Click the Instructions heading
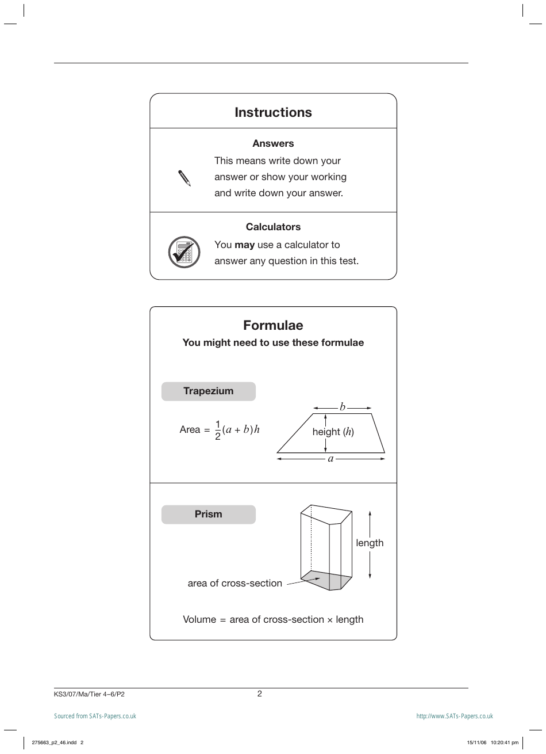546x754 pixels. (273, 112)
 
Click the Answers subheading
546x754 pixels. (273, 143)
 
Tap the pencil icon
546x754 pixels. (184, 178)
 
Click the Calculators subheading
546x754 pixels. (273, 227)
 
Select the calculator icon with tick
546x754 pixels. (184, 252)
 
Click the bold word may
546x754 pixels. (244, 245)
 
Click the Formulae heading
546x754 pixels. (273, 325)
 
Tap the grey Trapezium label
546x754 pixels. (208, 391)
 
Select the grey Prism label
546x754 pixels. (208, 515)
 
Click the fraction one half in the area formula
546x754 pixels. (218, 430)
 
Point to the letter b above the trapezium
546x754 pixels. (342, 407)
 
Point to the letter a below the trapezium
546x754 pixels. (330, 459)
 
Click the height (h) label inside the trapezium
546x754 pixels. (333, 432)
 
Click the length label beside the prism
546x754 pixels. (370, 543)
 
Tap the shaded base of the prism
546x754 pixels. (326, 580)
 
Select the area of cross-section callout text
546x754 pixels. (234, 583)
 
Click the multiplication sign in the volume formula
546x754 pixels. (330, 620)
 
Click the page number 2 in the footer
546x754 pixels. (260, 694)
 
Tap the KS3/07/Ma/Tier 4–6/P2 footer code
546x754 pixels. (89, 694)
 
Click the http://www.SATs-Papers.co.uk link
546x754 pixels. (455, 716)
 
